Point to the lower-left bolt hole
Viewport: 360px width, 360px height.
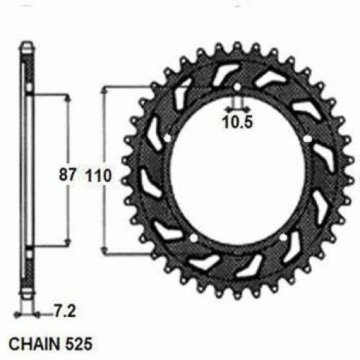coord(194,237)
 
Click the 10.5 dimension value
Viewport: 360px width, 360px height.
coord(236,122)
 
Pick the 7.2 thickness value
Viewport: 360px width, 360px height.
coord(63,313)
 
